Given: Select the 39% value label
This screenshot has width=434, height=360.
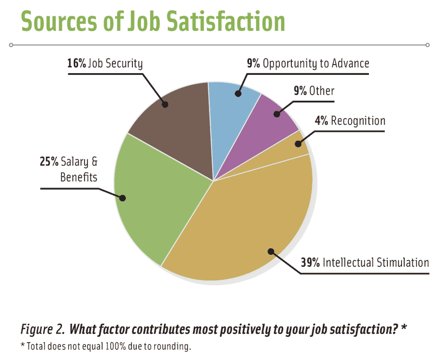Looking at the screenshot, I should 310,263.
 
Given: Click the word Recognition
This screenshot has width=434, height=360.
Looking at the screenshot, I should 358,120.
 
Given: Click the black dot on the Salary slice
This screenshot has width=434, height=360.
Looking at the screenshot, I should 123,198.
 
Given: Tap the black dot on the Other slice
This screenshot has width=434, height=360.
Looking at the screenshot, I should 276,114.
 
